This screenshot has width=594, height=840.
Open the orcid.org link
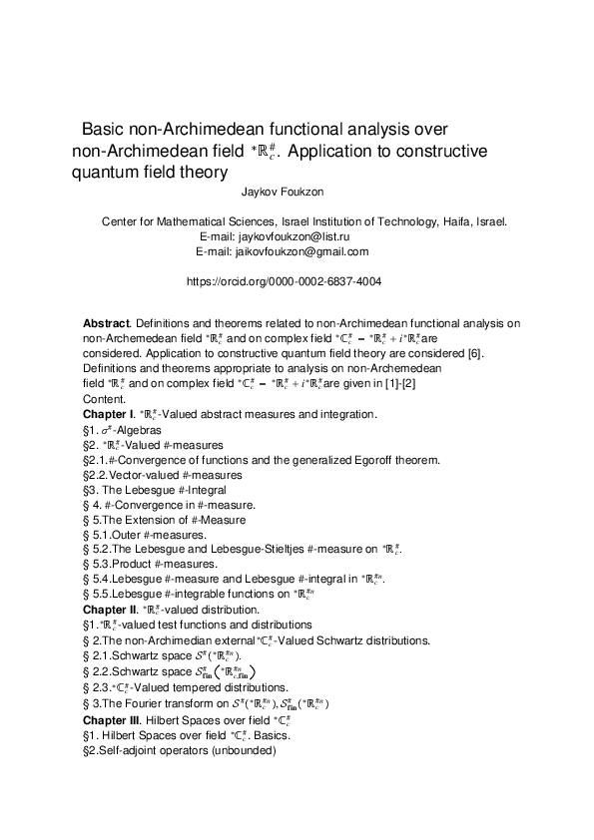[x=284, y=282]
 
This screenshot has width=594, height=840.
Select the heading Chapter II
[x=111, y=610]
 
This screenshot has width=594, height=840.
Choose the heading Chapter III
[x=113, y=721]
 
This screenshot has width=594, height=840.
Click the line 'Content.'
[x=105, y=398]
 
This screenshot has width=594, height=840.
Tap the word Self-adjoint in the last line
[x=131, y=749]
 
